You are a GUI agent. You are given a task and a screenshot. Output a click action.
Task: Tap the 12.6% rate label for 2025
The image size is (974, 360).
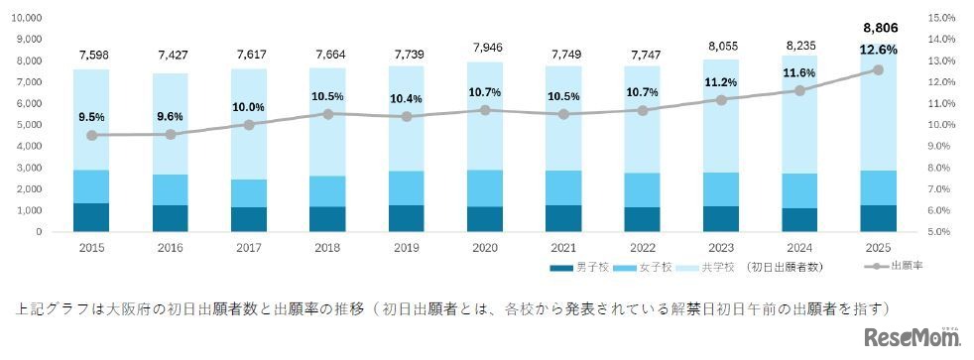(x=878, y=49)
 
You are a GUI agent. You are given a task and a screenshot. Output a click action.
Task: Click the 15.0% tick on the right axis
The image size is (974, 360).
(x=941, y=18)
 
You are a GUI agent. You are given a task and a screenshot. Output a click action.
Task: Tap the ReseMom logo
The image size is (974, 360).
(x=911, y=338)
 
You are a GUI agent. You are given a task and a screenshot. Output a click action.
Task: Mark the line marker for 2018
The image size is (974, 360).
(x=327, y=114)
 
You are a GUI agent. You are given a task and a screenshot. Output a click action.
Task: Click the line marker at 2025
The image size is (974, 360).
(x=878, y=69)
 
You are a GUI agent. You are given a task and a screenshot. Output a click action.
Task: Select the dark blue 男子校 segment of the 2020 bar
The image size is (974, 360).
(x=485, y=219)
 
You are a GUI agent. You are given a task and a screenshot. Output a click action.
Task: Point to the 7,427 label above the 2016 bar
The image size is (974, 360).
(x=170, y=54)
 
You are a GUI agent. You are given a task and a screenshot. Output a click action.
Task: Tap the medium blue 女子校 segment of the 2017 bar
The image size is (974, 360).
(x=249, y=193)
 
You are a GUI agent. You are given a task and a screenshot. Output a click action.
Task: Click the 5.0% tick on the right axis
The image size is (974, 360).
(x=941, y=232)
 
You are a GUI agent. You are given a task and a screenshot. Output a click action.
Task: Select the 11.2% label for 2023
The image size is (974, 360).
(x=721, y=82)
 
